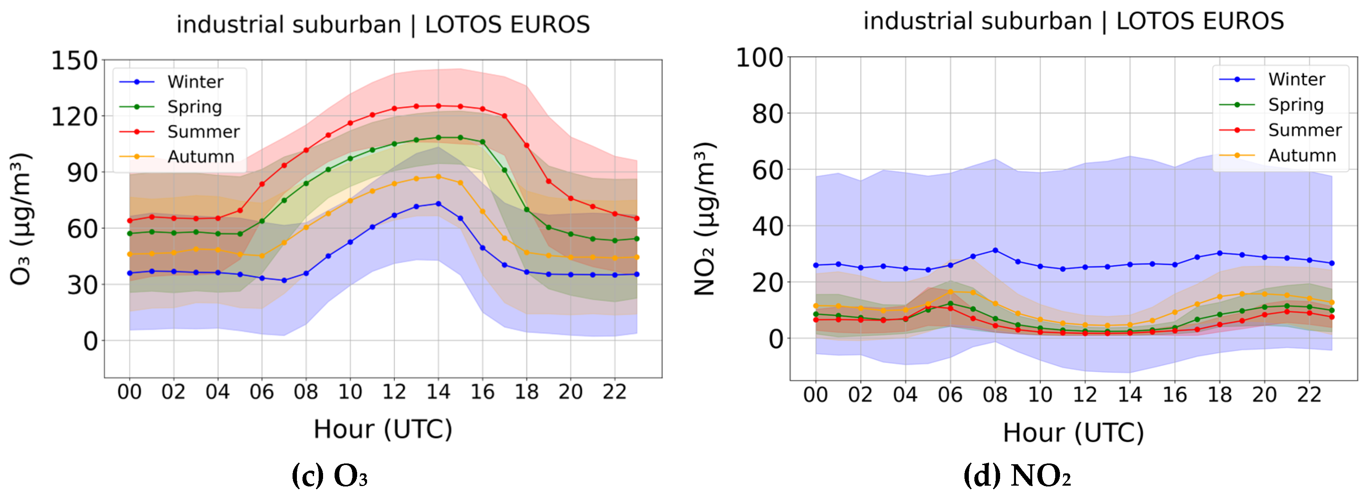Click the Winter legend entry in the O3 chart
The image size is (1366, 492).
195,82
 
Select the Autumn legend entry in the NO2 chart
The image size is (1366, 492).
1301,155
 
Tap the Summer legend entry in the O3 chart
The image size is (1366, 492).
203,132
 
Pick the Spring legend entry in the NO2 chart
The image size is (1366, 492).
1295,104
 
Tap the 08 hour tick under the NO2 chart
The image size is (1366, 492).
995,394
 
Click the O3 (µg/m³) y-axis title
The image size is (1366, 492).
21,219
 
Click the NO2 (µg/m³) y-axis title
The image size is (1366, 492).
705,219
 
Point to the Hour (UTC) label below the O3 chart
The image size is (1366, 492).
383,429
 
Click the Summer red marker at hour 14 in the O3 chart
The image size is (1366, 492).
438,106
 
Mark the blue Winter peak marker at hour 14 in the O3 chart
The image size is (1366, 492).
438,204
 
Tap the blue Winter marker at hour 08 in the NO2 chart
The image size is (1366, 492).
995,250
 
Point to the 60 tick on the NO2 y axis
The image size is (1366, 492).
767,170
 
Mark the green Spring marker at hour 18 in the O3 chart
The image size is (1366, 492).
526,210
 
